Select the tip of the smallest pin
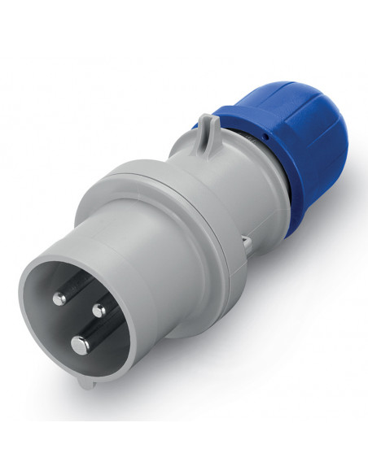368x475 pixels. (99, 310)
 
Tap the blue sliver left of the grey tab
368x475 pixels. (196, 127)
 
